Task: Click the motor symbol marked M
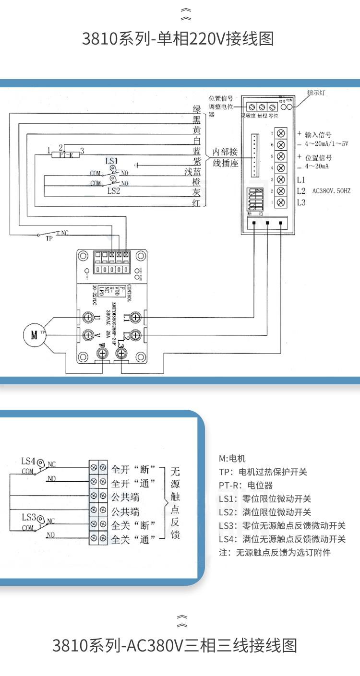pos(34,335)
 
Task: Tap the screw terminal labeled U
pos(88,317)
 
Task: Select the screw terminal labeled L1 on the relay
pos(135,317)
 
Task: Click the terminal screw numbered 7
pos(282,133)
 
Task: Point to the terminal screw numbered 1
pos(282,202)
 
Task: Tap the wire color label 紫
pos(197,161)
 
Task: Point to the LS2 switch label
pos(113,191)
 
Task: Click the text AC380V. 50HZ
pos(331,191)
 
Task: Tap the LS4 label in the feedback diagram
pos(28,461)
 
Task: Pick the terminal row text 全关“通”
pos(133,540)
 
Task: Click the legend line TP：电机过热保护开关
pos(263,472)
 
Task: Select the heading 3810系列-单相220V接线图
pos(178,38)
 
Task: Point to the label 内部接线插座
pos(225,157)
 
